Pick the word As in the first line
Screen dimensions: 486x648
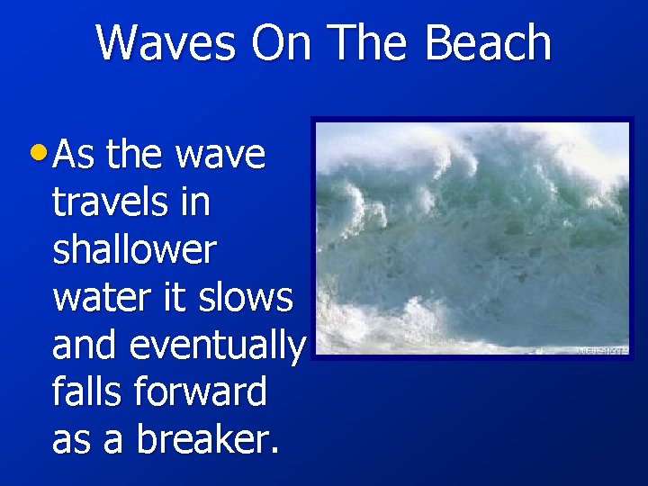pyautogui.click(x=76, y=155)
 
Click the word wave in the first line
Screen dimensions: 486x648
pyautogui.click(x=220, y=155)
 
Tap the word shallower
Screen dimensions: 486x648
pyautogui.click(x=134, y=249)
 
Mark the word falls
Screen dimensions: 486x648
pyautogui.click(x=88, y=391)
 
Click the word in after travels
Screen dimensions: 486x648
pyautogui.click(x=195, y=202)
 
